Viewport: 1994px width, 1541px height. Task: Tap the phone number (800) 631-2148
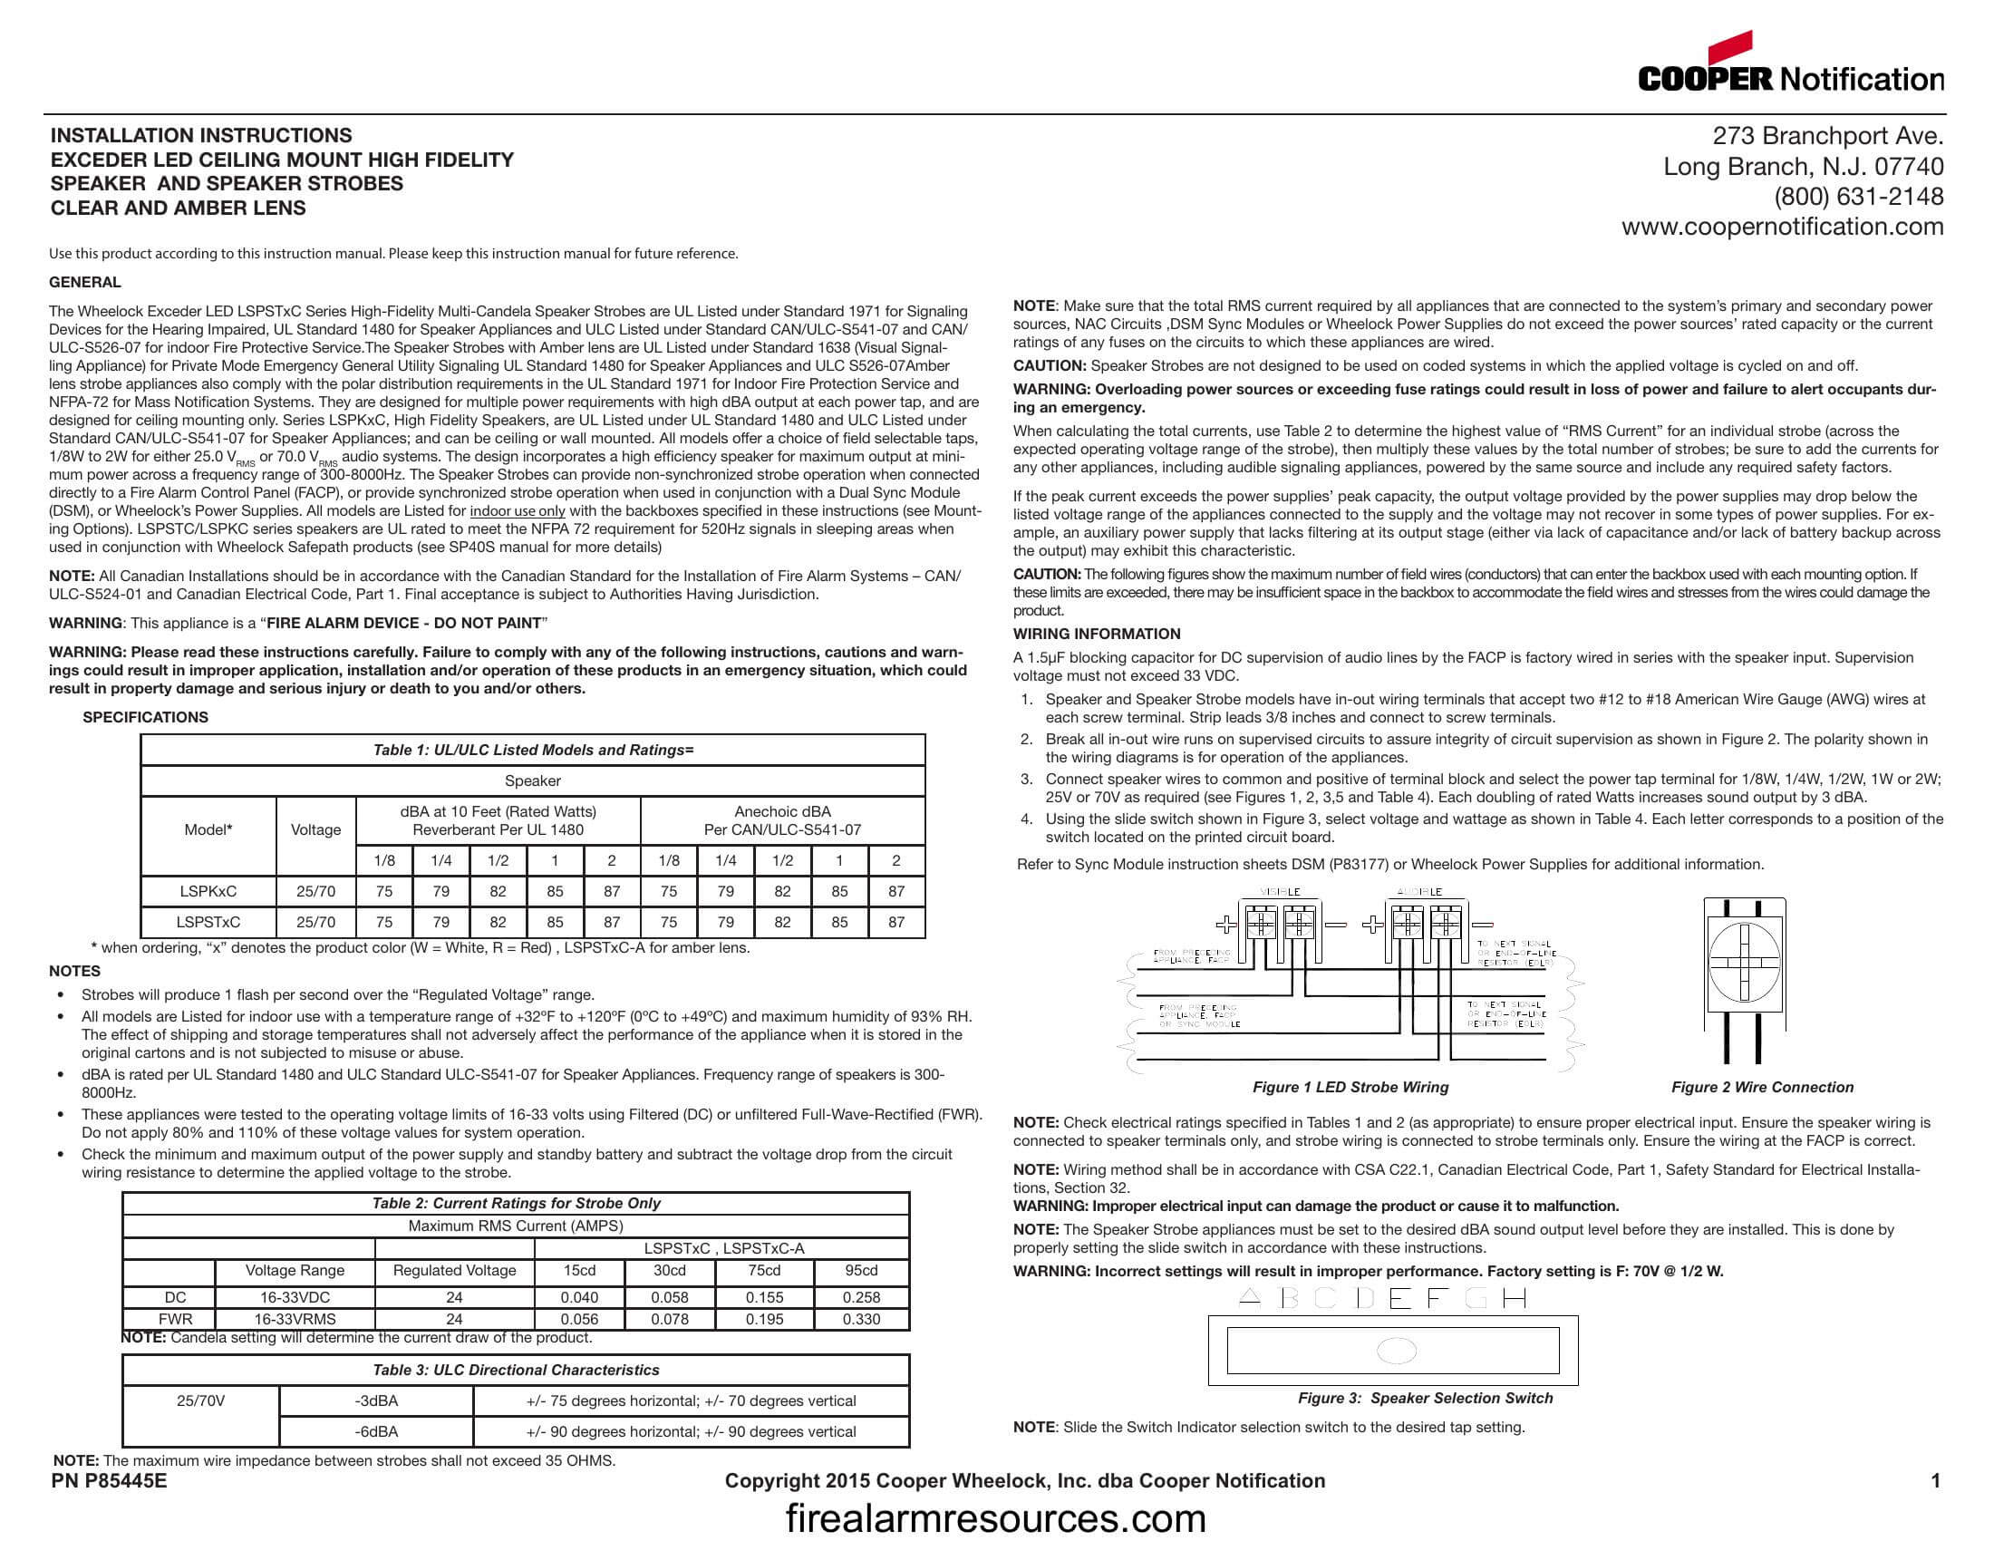coord(1858,197)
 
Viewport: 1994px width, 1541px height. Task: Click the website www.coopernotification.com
coord(1782,227)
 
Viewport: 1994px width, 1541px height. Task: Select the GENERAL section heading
coord(85,282)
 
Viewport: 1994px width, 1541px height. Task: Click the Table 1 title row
coord(532,750)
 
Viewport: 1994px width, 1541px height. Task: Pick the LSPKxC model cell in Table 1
coord(208,891)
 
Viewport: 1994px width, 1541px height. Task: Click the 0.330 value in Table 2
coord(861,1319)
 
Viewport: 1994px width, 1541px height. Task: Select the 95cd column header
coord(861,1270)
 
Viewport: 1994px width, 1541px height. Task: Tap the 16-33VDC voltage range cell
coord(294,1297)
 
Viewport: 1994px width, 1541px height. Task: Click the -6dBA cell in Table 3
coord(376,1431)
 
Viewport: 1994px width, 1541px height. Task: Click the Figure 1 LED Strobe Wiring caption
coord(1350,1087)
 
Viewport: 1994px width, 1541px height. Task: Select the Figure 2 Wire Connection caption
coord(1762,1087)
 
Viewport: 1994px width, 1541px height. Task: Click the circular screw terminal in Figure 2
coord(1744,962)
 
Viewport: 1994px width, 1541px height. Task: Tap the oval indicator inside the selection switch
coord(1396,1351)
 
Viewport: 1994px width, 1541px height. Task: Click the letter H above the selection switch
coord(1514,1298)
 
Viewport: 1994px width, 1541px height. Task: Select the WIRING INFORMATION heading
coord(1097,634)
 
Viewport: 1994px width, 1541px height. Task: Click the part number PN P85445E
coord(110,1481)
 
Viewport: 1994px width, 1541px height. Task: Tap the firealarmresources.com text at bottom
coord(996,1518)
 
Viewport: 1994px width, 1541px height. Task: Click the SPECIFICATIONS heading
coord(145,717)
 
